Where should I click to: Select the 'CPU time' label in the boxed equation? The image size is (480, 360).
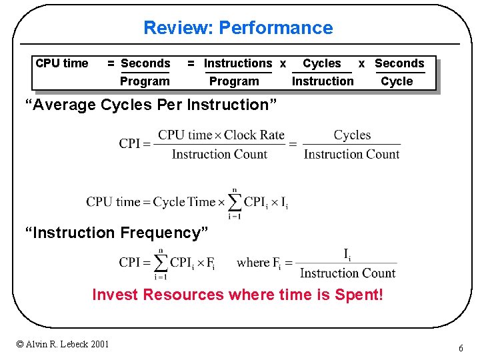(61, 63)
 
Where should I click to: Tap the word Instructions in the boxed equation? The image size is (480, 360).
(238, 63)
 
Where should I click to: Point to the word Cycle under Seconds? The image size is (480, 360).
(397, 81)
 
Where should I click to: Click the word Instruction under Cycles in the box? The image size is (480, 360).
(323, 81)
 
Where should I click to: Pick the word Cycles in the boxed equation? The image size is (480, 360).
(321, 63)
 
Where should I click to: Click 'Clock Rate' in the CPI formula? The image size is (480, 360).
(254, 135)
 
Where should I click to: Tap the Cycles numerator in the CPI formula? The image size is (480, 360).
(352, 135)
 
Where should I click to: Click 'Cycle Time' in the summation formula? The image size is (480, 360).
(184, 202)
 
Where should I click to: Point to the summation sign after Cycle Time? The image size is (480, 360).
(234, 202)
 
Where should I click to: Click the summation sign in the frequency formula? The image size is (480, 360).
(160, 263)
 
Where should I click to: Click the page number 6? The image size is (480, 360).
(461, 349)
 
